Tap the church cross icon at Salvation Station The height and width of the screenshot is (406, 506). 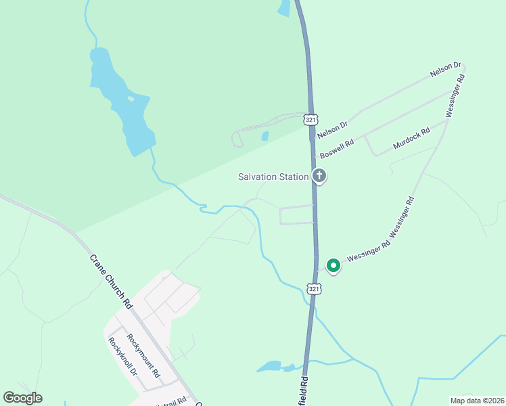tap(320, 177)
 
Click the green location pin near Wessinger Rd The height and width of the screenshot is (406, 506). tap(333, 265)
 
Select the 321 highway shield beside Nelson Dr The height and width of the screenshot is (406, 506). tap(310, 120)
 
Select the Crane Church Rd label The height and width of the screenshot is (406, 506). tap(111, 281)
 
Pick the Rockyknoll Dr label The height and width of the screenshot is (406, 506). tap(122, 357)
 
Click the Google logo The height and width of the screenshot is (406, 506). tap(22, 398)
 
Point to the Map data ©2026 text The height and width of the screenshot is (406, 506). tap(476, 400)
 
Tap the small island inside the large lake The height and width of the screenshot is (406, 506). tap(131, 99)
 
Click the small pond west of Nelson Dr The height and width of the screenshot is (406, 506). tap(264, 135)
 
